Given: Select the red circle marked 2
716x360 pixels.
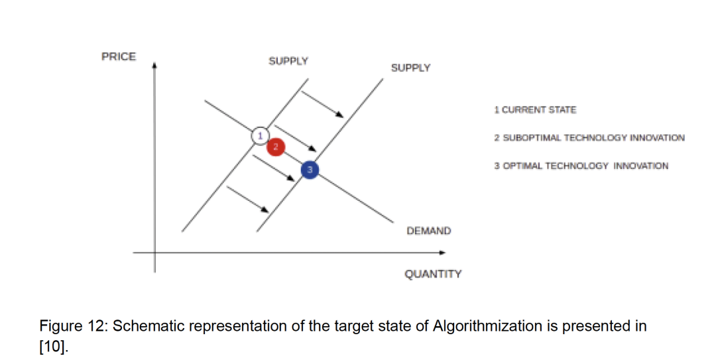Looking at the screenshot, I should (x=276, y=147).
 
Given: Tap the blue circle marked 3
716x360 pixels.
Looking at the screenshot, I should (x=310, y=170).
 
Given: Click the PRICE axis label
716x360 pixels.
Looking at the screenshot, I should (x=118, y=57).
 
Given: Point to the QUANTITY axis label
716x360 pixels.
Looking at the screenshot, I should (x=433, y=274).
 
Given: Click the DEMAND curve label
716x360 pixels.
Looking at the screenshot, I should (x=428, y=231).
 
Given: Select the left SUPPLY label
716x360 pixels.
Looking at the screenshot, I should (x=288, y=61).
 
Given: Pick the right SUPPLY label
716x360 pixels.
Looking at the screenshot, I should (x=410, y=68).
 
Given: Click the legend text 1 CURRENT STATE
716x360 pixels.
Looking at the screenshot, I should (x=535, y=109).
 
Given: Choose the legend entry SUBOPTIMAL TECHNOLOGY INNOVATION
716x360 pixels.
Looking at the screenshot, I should (x=589, y=138).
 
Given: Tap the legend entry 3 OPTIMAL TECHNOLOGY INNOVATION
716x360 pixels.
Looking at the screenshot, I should (x=581, y=166).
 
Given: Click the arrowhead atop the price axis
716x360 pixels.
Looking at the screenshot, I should (x=154, y=65).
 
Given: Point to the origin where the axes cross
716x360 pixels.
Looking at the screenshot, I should (x=155, y=252).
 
